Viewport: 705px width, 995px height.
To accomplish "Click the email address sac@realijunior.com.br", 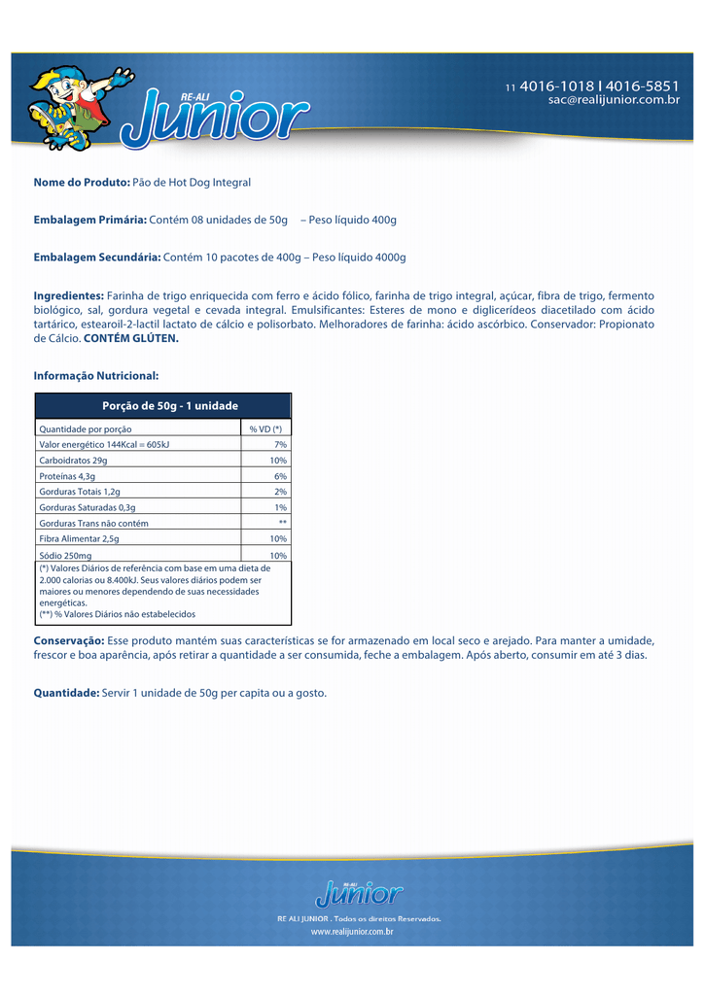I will (614, 100).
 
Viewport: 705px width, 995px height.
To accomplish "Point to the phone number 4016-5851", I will (643, 86).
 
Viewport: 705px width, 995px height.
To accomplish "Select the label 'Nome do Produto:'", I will (82, 183).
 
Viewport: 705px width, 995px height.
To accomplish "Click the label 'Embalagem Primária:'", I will (89, 221).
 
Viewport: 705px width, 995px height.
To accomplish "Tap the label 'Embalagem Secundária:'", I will (97, 257).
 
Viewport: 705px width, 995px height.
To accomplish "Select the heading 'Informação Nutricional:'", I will (95, 375).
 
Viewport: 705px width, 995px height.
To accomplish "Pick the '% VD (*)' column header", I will (265, 429).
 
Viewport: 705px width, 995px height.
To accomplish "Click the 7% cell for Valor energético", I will (280, 444).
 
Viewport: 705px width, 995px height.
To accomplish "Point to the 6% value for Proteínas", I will (280, 476).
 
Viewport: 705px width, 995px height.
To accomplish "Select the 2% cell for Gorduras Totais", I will (280, 492).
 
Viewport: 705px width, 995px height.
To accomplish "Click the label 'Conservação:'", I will (69, 641).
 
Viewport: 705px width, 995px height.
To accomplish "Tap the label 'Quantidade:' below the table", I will (66, 693).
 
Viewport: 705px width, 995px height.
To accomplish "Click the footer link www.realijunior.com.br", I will (352, 931).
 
